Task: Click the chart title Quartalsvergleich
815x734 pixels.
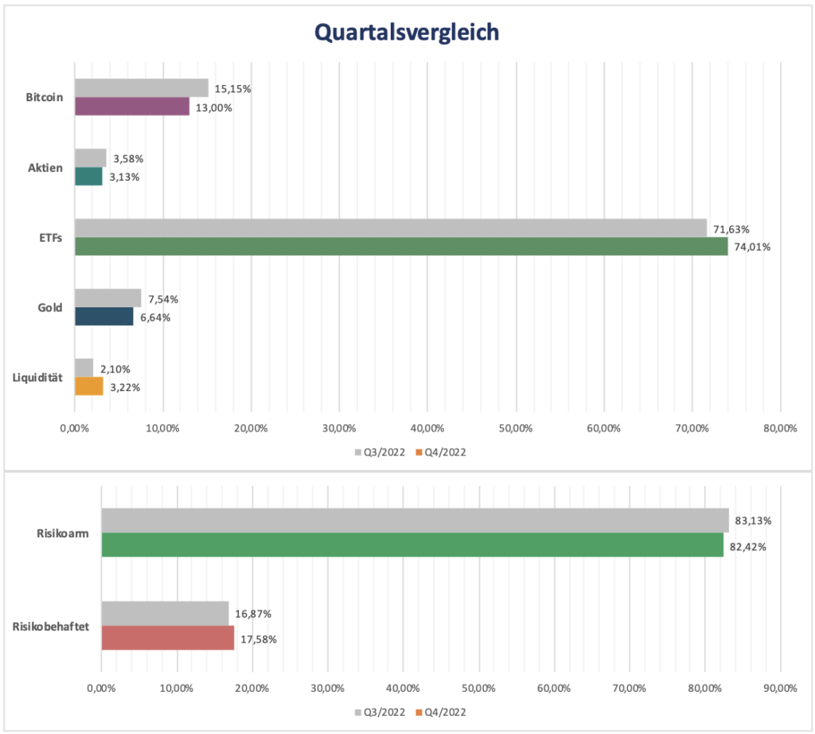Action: click(x=407, y=31)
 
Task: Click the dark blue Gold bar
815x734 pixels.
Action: click(x=104, y=317)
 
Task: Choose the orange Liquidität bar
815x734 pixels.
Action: click(x=89, y=387)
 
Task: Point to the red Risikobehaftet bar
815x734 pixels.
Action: click(x=168, y=638)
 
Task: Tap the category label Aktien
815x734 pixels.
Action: click(x=45, y=167)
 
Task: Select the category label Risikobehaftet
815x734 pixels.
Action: click(x=51, y=626)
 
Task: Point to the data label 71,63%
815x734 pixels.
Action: click(x=731, y=229)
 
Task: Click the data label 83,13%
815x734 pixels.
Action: click(x=753, y=521)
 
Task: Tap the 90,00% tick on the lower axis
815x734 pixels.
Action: click(x=779, y=687)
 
